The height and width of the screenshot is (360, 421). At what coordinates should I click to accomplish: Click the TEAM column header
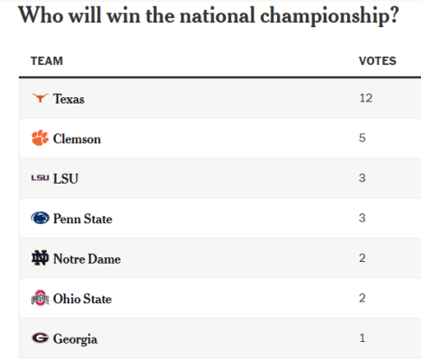(x=47, y=61)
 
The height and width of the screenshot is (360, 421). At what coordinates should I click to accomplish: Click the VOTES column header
(x=378, y=61)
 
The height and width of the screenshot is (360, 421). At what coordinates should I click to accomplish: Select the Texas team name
(x=68, y=99)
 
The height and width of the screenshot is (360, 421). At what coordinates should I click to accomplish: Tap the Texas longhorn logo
(x=40, y=98)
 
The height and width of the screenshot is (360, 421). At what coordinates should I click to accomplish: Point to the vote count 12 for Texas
(x=366, y=98)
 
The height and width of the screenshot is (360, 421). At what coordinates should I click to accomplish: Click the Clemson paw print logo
(x=40, y=138)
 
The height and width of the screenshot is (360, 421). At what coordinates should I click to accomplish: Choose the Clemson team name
(x=76, y=139)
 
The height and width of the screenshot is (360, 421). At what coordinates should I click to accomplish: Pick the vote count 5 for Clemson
(x=363, y=138)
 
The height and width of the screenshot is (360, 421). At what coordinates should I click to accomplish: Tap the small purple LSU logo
(x=40, y=178)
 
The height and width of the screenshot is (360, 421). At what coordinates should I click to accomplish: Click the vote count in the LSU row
(x=363, y=178)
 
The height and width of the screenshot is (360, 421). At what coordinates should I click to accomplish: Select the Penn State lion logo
(x=40, y=218)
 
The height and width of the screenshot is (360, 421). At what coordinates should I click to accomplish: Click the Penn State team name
(x=83, y=219)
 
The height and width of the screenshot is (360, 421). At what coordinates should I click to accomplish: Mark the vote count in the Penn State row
(x=363, y=218)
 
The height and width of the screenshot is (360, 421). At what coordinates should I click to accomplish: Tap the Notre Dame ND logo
(x=40, y=258)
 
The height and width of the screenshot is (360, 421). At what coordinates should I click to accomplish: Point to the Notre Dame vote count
(x=363, y=258)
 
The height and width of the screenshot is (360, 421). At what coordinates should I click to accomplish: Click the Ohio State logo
(x=40, y=298)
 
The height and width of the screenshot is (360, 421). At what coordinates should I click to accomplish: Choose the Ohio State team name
(x=82, y=299)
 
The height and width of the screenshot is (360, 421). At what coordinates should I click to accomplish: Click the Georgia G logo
(x=40, y=337)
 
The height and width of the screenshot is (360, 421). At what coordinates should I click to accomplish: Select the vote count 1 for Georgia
(x=363, y=338)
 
